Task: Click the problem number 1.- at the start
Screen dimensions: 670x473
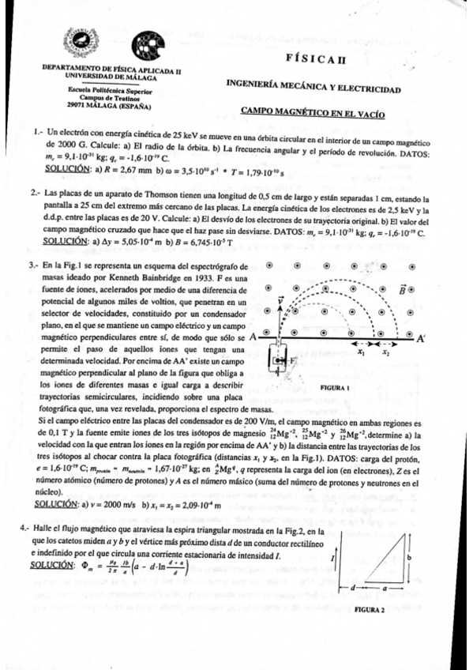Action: coord(38,133)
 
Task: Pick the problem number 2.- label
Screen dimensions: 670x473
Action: coord(37,192)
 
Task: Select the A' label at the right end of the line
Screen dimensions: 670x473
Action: coord(422,338)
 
